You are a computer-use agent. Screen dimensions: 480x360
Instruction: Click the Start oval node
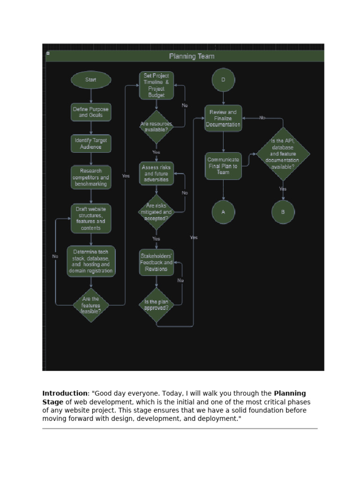coord(91,80)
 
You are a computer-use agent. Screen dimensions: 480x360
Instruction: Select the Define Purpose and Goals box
coord(91,112)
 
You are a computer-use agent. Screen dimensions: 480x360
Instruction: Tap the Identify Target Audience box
coord(91,143)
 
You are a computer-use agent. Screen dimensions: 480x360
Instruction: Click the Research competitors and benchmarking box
coord(91,178)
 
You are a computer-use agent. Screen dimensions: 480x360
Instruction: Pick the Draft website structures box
coord(91,218)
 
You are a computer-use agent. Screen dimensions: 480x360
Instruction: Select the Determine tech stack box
coord(91,262)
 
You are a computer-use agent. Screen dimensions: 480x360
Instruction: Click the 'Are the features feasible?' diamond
coord(91,305)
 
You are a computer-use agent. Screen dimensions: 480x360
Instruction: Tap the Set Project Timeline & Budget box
coord(157,85)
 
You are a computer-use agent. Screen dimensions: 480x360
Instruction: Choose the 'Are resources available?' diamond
coord(157,127)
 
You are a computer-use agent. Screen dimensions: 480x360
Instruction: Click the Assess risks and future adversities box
coord(157,173)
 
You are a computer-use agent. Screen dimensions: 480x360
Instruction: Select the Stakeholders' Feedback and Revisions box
coord(157,262)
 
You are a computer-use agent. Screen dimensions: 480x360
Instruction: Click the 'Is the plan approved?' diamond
coord(157,305)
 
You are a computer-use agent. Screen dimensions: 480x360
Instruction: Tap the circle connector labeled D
coord(223,80)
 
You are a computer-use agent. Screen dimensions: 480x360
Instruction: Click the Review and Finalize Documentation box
coord(223,118)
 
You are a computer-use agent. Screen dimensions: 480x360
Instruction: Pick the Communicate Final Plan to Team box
coord(223,166)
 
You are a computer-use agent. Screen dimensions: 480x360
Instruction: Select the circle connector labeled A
coord(223,212)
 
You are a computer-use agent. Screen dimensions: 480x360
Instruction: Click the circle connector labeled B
coord(283,212)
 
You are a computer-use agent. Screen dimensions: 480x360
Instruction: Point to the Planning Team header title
coord(192,56)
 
